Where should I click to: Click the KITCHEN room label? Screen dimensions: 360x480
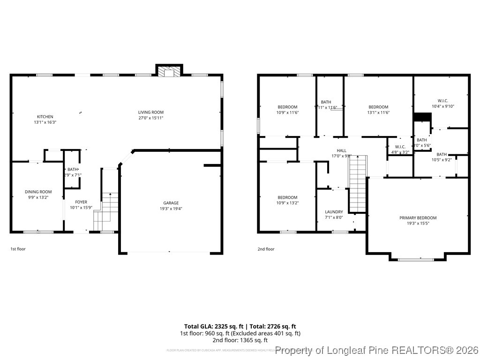[45, 117]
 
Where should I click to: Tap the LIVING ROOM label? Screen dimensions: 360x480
[150, 112]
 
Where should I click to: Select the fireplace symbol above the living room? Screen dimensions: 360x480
[169, 71]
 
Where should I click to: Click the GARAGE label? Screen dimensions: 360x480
[171, 203]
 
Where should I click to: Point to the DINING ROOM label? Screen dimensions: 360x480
[38, 192]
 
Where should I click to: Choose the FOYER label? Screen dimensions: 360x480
[81, 202]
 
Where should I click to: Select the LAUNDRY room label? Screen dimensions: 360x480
[334, 212]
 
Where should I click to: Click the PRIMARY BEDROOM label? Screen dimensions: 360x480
[418, 217]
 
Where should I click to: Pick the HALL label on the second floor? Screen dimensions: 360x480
[341, 150]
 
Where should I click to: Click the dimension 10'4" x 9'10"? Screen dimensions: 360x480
[442, 106]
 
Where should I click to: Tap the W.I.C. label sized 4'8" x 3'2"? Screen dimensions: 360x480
[400, 147]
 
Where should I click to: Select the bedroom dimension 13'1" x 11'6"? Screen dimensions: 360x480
[378, 112]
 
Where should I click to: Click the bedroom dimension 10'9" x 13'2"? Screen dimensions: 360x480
[287, 203]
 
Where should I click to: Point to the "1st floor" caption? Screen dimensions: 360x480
[18, 249]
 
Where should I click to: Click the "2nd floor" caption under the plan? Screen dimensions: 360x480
[266, 249]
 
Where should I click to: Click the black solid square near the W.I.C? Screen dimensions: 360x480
[422, 117]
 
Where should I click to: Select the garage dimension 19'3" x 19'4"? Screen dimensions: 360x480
[171, 209]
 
